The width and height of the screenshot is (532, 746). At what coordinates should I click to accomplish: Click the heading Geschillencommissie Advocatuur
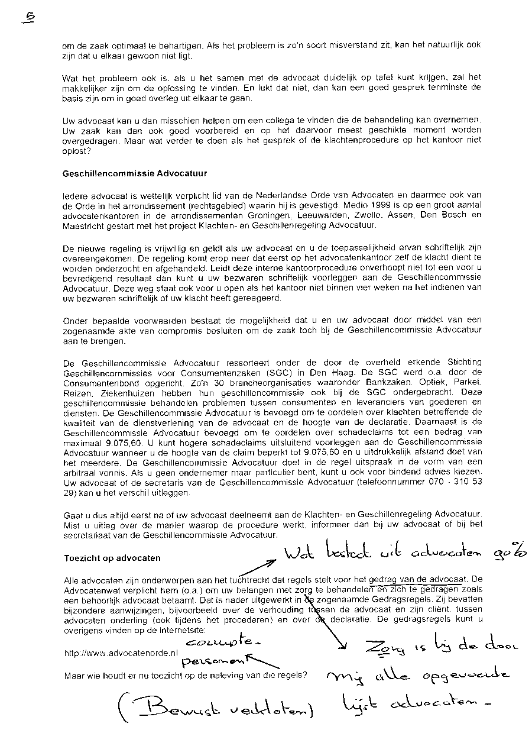[134, 174]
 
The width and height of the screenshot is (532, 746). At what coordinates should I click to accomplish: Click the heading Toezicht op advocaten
[112, 558]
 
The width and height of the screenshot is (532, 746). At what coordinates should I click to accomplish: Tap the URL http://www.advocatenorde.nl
[121, 654]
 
